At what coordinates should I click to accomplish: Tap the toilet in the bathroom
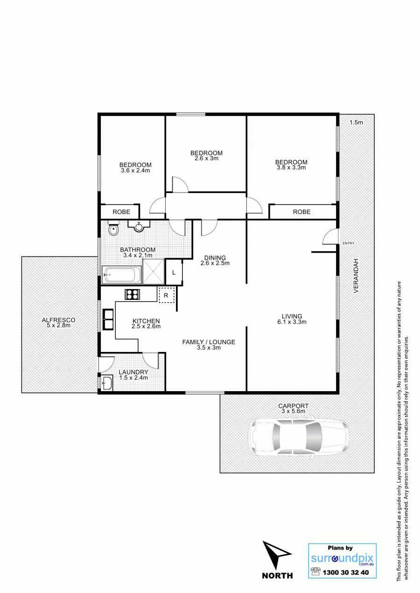coord(114,228)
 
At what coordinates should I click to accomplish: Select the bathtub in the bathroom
coord(122,275)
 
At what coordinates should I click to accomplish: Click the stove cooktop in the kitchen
coord(133,294)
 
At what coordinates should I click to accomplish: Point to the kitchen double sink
coord(108,319)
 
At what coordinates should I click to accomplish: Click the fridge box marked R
coord(167,295)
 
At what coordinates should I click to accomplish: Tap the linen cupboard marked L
coord(174,272)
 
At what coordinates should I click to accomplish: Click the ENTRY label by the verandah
coord(349,243)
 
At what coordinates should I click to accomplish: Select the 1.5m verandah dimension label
coord(356,122)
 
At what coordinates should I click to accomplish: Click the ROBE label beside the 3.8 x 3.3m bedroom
coord(301,212)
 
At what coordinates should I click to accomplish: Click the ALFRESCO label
coord(58,320)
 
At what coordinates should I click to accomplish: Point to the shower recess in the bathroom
coord(154,272)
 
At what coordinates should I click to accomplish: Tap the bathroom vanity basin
coord(139,227)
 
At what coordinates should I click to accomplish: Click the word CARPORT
coord(294,406)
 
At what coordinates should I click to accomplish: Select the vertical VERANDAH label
coord(356,276)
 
